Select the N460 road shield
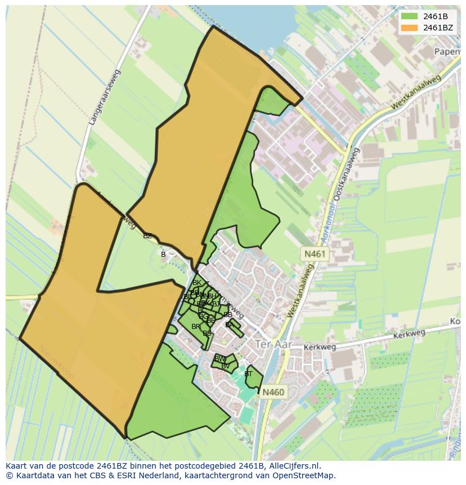click(273, 392)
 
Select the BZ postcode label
click(147, 236)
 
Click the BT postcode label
click(248, 374)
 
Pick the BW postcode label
click(220, 359)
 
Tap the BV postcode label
click(225, 366)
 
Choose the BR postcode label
click(195, 327)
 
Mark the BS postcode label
click(207, 333)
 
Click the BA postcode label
click(230, 325)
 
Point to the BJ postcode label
click(216, 304)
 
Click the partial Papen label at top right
click(448, 52)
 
